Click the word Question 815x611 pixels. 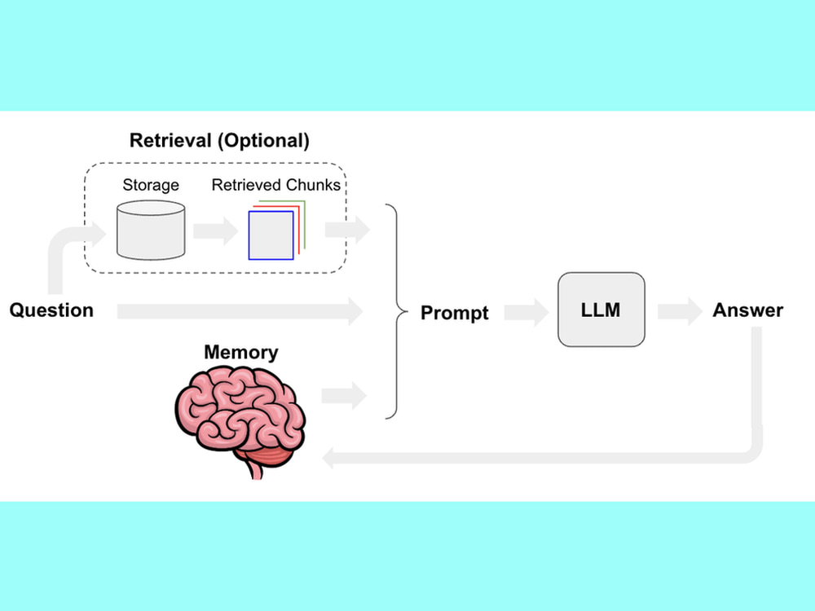point(51,310)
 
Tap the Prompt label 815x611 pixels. point(454,313)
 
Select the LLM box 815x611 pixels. point(601,310)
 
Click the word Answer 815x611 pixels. point(747,310)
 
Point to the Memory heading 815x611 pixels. point(240,352)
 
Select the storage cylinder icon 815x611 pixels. point(151,231)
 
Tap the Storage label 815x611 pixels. point(151,185)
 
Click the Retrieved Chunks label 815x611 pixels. point(276,185)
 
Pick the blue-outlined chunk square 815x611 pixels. point(271,235)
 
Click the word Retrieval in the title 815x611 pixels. point(170,140)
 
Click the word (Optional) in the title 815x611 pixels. point(263,141)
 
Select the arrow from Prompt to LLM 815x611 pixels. point(526,312)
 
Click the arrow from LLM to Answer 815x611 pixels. point(681,312)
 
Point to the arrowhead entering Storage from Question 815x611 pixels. point(99,235)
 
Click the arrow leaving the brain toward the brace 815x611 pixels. point(344,396)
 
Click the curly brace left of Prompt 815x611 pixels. point(397,312)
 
